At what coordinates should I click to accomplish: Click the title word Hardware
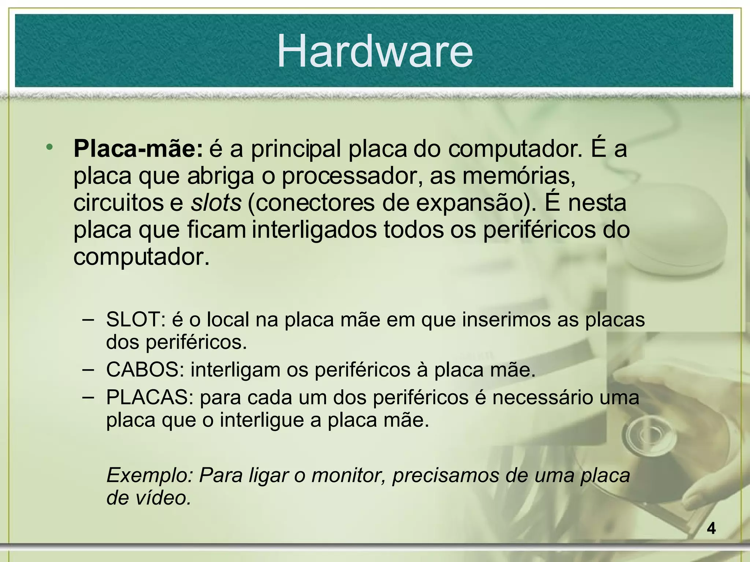click(375, 51)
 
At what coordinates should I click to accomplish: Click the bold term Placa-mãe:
click(138, 149)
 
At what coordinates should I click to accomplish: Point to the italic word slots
click(216, 203)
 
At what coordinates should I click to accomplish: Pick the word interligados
click(314, 230)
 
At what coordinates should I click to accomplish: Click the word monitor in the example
click(349, 475)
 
